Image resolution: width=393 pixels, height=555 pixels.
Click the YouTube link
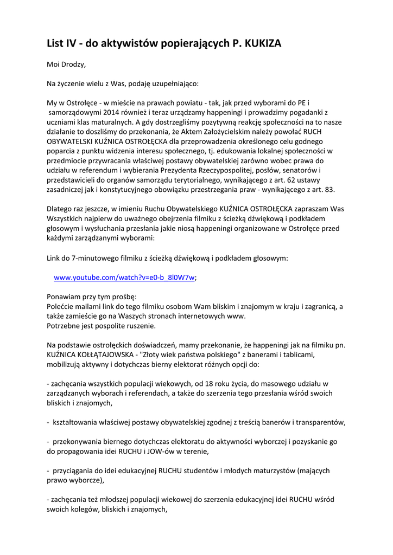tap(124, 277)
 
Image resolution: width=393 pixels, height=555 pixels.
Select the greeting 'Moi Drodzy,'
tap(67, 64)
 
